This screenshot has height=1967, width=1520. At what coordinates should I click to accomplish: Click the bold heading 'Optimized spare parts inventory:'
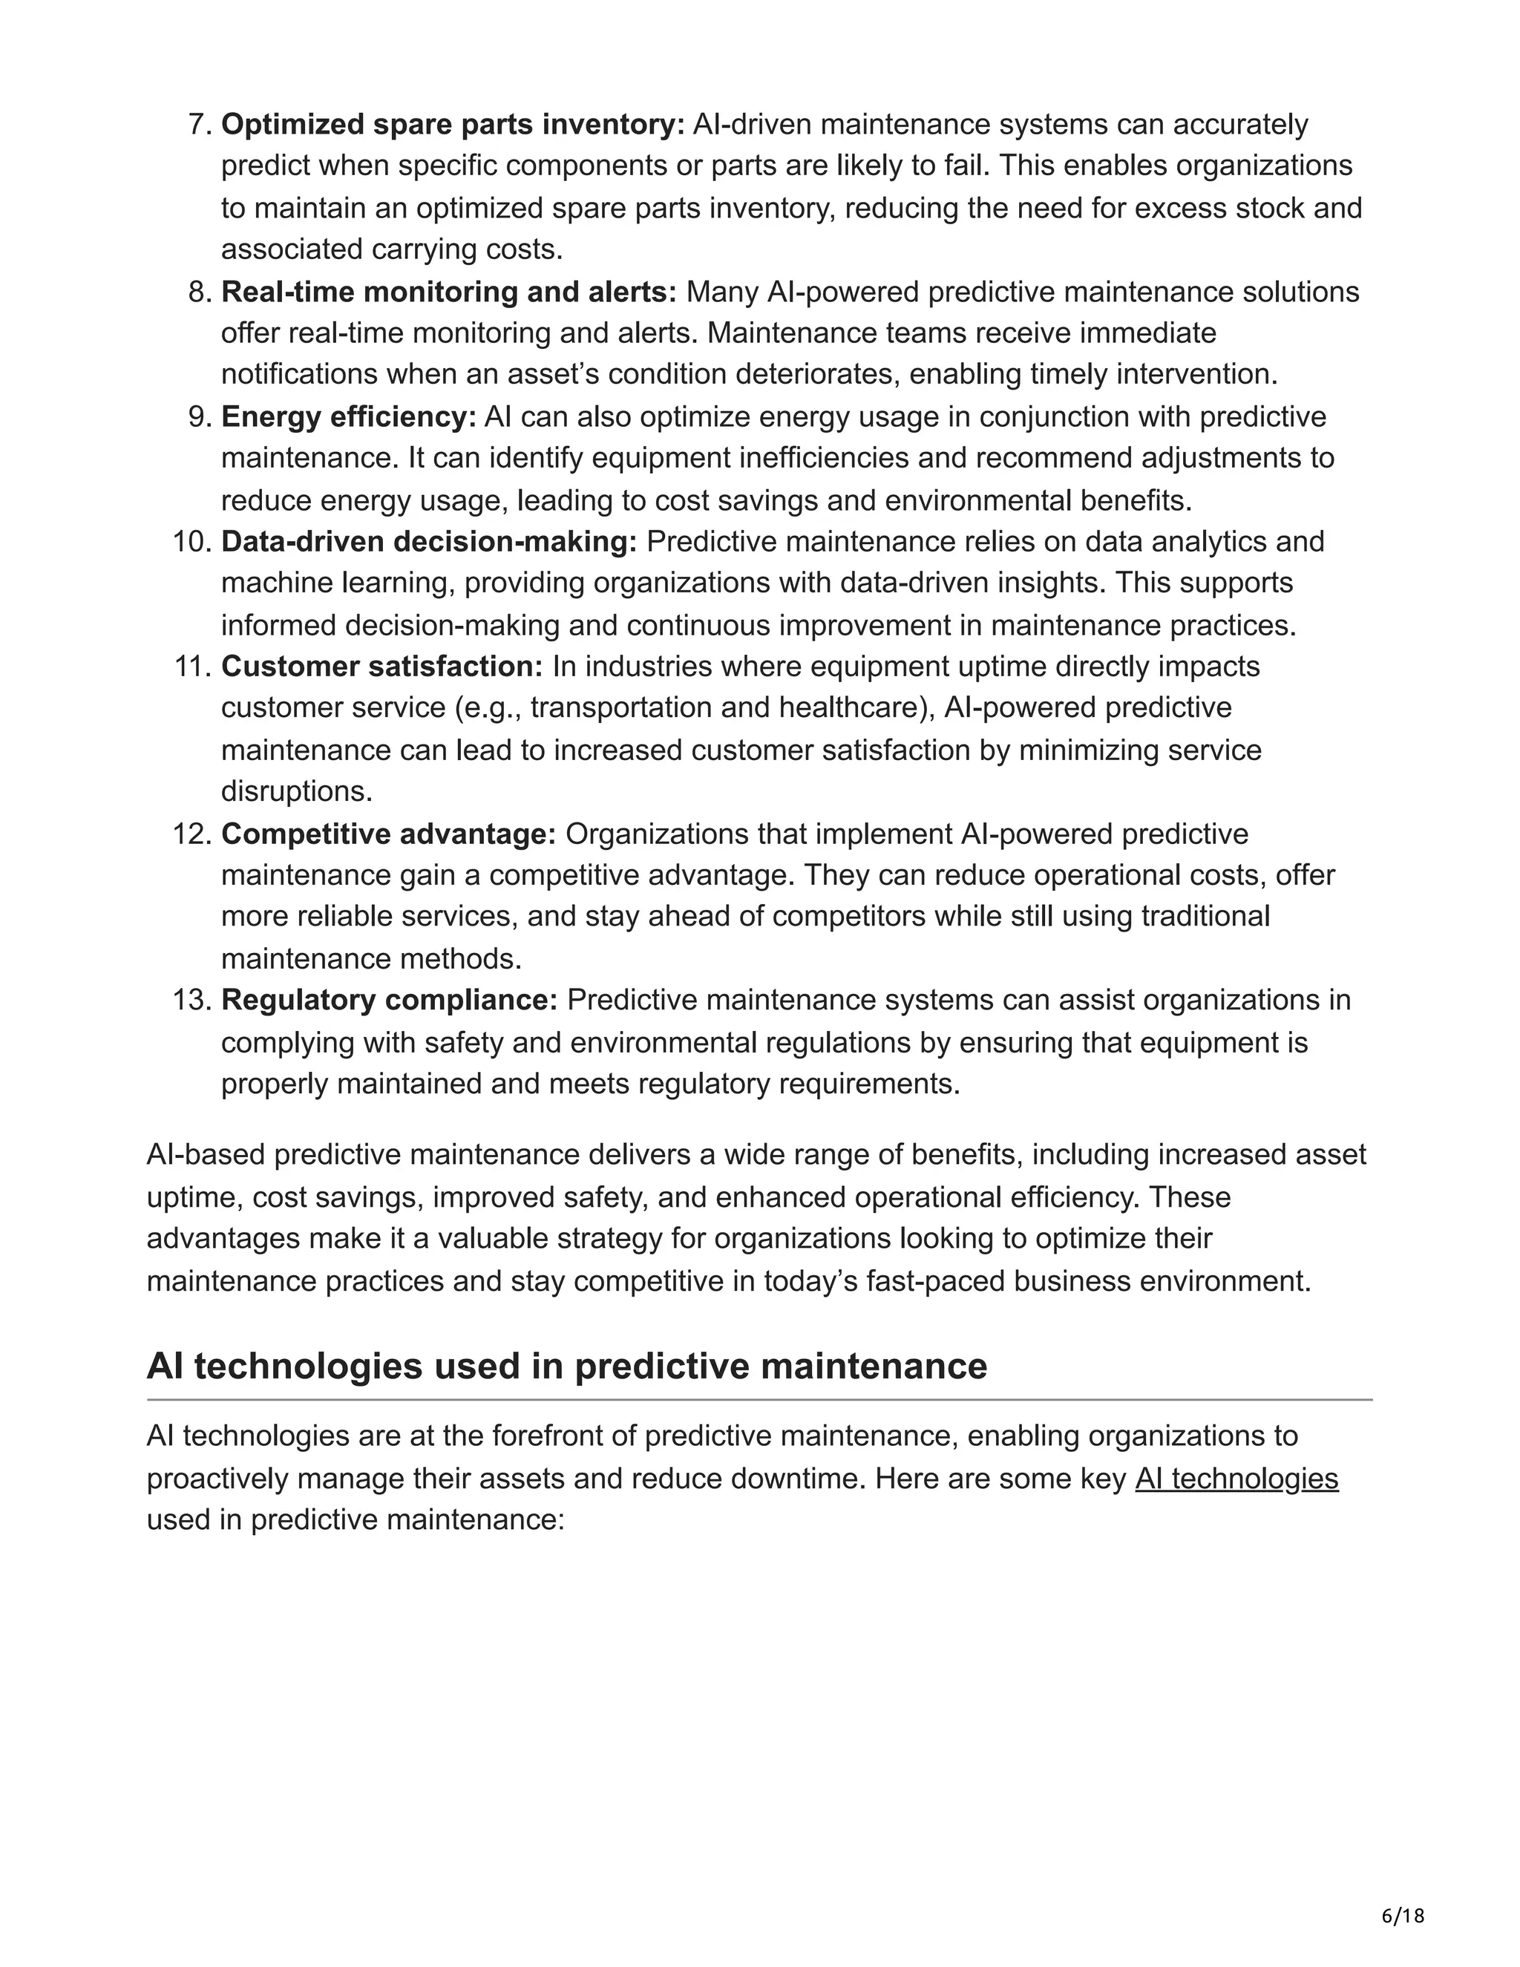click(x=453, y=124)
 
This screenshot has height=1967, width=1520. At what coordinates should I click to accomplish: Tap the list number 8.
click(x=199, y=292)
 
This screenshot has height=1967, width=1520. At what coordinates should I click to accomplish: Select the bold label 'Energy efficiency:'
click(x=349, y=417)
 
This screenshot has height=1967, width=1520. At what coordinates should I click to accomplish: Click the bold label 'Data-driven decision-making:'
click(x=429, y=541)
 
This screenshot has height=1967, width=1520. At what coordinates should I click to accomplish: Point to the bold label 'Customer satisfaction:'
click(x=381, y=667)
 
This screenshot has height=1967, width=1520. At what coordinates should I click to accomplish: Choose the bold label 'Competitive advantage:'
click(x=389, y=834)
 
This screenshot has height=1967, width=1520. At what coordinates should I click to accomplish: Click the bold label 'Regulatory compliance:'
click(x=389, y=1000)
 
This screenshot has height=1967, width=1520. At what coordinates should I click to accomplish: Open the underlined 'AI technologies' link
click(x=1236, y=1479)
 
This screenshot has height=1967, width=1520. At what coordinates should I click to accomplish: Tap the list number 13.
click(x=191, y=1000)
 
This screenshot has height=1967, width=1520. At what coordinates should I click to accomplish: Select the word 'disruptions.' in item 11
click(x=296, y=792)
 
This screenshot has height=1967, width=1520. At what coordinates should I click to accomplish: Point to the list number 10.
click(x=191, y=541)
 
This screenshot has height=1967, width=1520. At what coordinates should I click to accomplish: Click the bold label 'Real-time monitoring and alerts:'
click(x=448, y=292)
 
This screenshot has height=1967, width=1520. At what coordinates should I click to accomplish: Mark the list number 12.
click(x=191, y=834)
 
